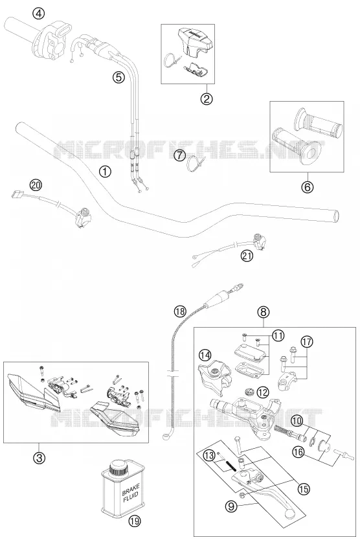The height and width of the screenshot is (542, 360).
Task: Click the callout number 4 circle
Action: pos(38,14)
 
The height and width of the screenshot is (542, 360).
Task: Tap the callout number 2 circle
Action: pos(207,99)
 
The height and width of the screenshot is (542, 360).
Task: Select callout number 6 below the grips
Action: pos(307,186)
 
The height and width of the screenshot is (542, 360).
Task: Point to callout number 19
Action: pos(135,521)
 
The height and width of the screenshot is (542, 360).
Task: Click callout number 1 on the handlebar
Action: pos(105,171)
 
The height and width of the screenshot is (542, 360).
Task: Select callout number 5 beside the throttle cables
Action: pos(118,78)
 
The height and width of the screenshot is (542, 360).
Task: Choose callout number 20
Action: pos(35,185)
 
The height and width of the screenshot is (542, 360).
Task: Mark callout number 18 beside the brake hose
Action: pos(179,311)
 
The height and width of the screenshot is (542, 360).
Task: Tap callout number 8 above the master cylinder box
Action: pos(264,312)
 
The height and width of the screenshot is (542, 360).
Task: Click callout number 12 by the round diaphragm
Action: pos(264,392)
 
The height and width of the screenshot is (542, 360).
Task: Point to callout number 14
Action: pos(205,355)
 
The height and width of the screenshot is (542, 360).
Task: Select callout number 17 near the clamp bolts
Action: pos(306,341)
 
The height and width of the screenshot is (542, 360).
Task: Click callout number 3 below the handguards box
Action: pos(39,458)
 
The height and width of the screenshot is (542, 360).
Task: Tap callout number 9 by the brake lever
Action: pos(231,506)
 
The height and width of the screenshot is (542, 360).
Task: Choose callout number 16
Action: pos(299,451)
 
